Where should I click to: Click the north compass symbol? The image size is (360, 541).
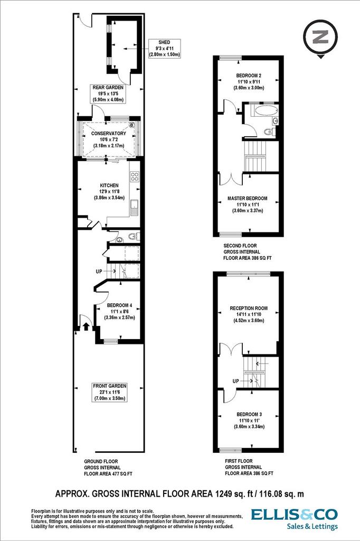click(320, 38)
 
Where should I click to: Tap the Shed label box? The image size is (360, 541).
click(164, 48)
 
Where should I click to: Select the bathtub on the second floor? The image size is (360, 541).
click(266, 111)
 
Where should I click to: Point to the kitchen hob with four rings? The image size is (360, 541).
click(134, 176)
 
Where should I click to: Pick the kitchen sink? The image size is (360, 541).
click(135, 207)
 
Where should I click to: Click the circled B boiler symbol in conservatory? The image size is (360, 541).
click(131, 125)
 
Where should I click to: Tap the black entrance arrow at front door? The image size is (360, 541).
click(86, 327)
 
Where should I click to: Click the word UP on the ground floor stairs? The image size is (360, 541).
click(99, 272)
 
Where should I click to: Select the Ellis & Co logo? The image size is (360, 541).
click(294, 519)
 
